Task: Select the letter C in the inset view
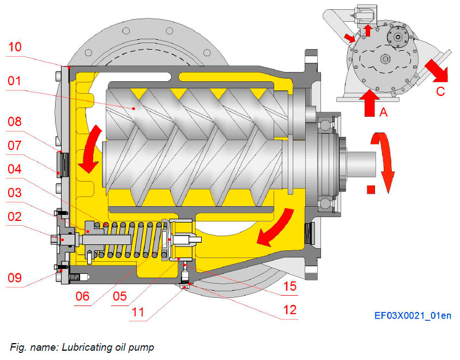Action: pos(440,91)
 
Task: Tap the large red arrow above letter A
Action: pos(369,102)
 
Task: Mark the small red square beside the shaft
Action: pos(371,190)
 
